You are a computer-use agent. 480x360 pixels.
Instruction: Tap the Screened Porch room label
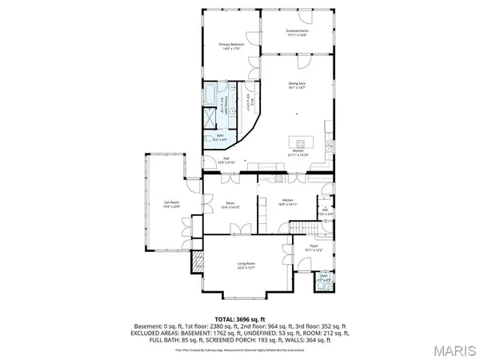click(298, 32)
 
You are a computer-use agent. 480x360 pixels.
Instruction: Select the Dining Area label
click(298, 84)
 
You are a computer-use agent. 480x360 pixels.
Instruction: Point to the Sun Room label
click(170, 204)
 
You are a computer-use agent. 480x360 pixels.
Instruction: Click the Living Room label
click(245, 265)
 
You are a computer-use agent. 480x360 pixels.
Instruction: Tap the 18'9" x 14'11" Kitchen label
click(288, 202)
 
